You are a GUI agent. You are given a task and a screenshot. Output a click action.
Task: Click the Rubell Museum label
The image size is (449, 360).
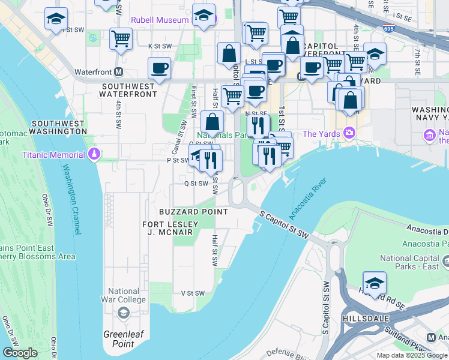click(160, 20)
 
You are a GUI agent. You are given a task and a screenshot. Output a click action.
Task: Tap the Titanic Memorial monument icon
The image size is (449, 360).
click(93, 155)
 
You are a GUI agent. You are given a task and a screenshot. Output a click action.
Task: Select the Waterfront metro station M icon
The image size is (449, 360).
click(119, 71)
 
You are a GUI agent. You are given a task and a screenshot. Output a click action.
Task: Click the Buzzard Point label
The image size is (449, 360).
click(193, 212)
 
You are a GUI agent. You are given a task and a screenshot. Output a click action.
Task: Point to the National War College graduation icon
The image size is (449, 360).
click(124, 312)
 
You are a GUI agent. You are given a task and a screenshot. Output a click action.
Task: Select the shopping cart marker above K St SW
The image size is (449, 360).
click(121, 38)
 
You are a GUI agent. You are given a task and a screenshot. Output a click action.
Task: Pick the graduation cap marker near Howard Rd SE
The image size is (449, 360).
click(375, 283)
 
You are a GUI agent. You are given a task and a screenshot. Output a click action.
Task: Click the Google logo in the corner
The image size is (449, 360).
click(20, 353)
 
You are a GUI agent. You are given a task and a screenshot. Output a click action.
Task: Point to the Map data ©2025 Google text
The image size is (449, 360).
click(412, 355)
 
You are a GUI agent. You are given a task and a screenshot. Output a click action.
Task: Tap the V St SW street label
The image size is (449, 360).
click(193, 293)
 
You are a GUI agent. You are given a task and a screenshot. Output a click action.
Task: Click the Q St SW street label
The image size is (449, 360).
click(196, 184)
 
